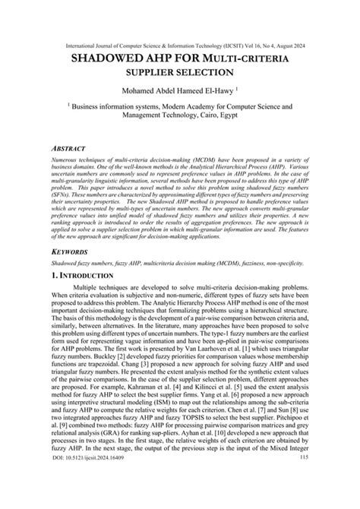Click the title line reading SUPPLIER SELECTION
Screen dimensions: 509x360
point(179,73)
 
